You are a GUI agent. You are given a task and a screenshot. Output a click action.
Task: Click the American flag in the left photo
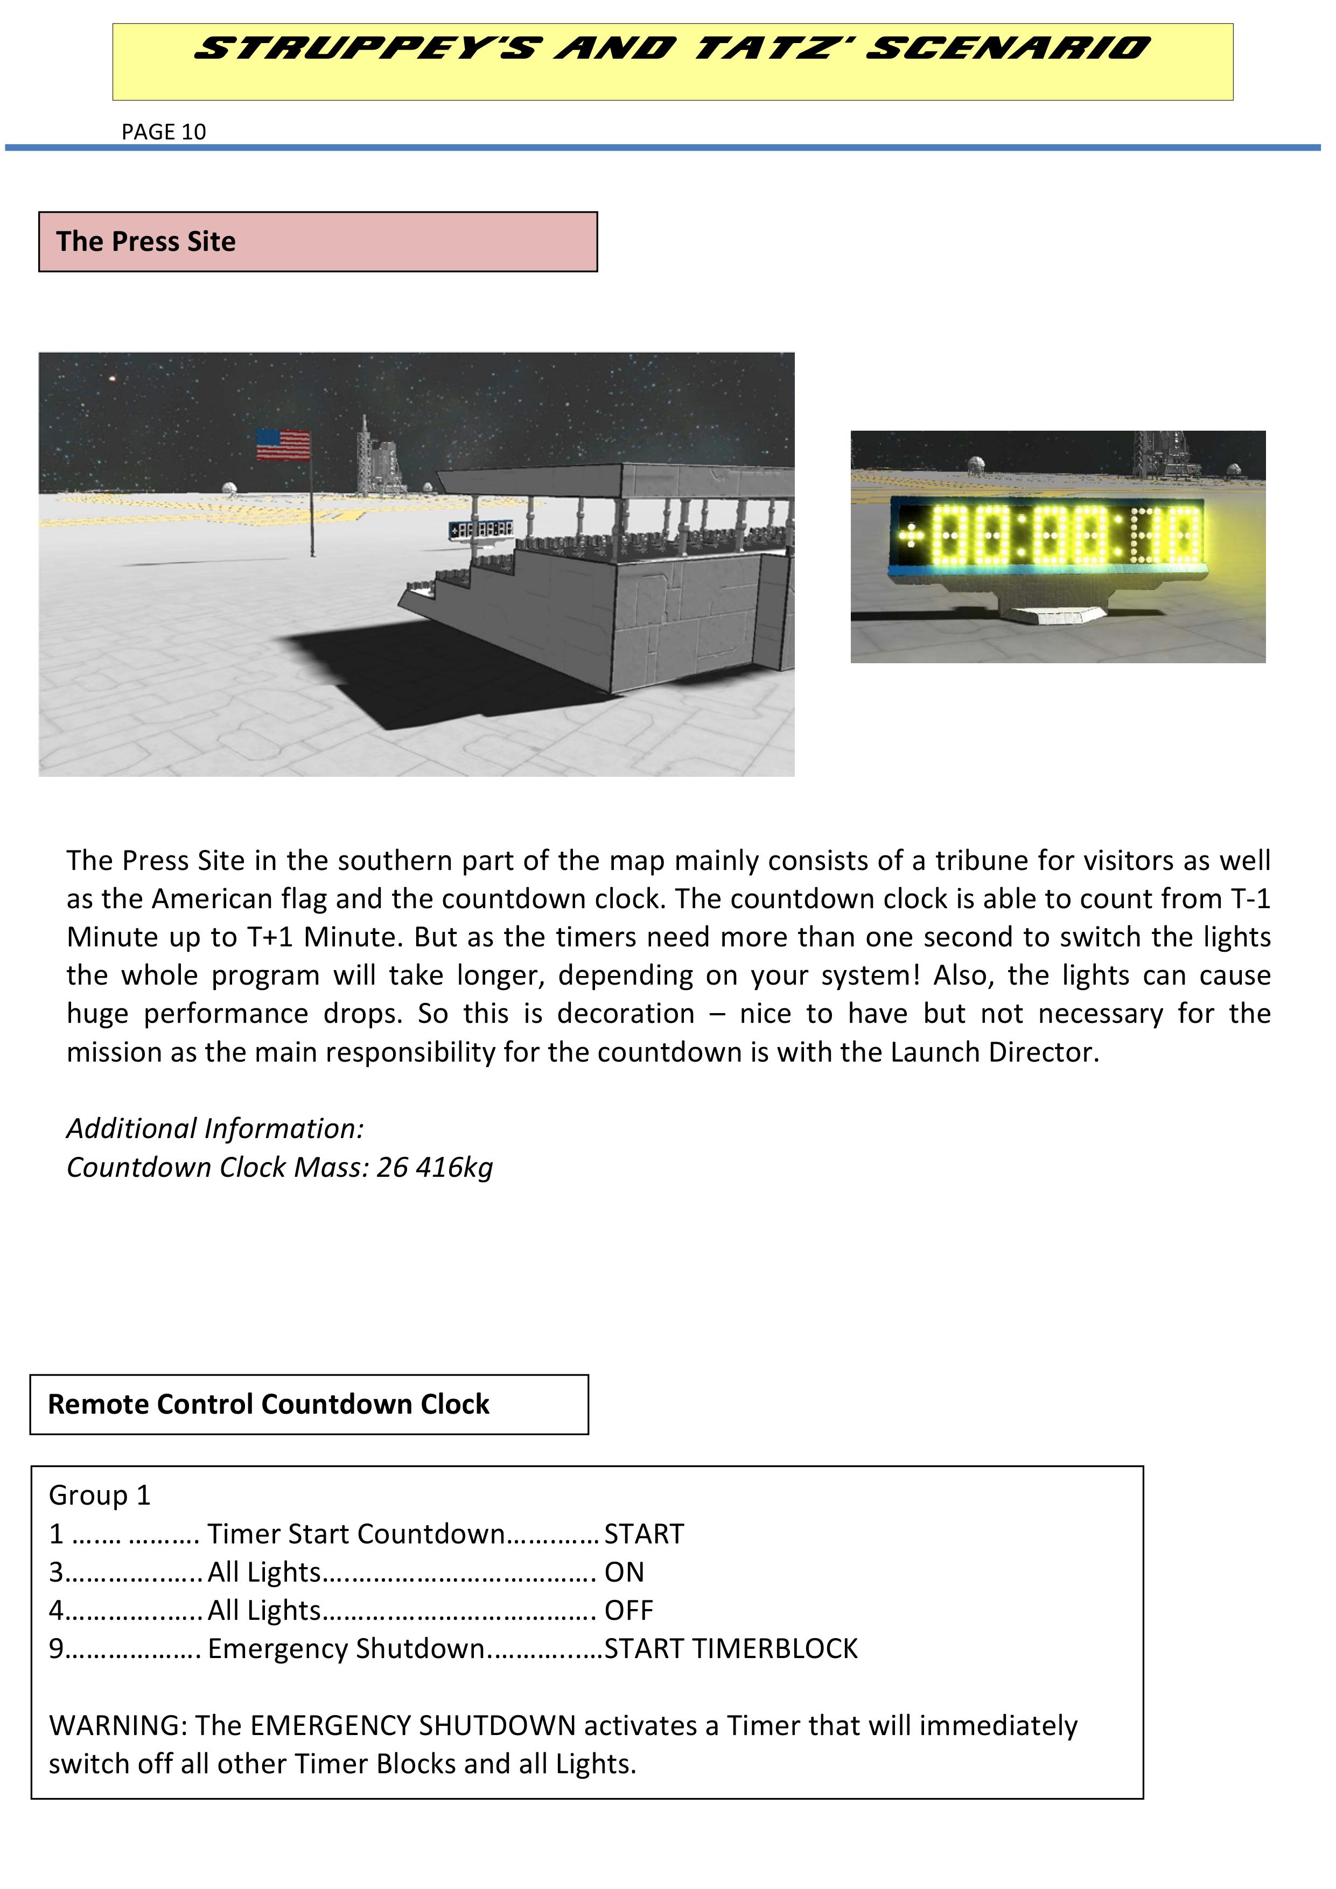[x=283, y=445]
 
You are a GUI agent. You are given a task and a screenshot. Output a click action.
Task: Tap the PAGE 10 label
[x=163, y=132]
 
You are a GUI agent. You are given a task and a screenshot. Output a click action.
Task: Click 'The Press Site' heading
[x=146, y=242]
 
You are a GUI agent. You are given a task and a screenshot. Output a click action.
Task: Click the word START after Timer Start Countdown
[x=643, y=1534]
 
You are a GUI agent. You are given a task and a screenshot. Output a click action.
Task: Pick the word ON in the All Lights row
[x=624, y=1572]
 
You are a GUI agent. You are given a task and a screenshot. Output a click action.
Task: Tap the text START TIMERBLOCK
[x=730, y=1649]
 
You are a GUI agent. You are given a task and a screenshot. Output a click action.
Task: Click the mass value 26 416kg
[x=435, y=1168]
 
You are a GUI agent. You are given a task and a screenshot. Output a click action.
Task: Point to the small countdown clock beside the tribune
[x=481, y=529]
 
